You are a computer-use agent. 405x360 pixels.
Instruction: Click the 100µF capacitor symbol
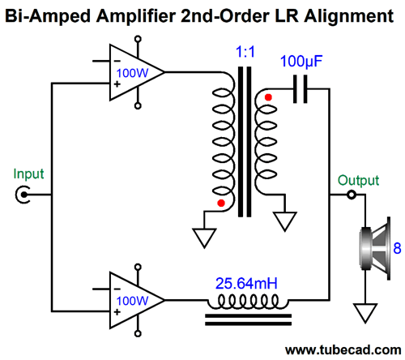(300, 89)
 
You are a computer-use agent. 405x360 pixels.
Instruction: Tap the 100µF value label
(301, 62)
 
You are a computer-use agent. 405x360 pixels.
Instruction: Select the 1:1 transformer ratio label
(245, 52)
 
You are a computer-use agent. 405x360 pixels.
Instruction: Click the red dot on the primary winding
(221, 203)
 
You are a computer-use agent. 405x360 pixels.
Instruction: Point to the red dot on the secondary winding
(268, 97)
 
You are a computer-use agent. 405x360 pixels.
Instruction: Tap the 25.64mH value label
(246, 284)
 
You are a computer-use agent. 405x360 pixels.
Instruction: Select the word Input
(28, 174)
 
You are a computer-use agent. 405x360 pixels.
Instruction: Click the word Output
(358, 180)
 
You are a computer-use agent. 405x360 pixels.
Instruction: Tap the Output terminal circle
(352, 195)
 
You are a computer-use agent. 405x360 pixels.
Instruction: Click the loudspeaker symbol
(375, 248)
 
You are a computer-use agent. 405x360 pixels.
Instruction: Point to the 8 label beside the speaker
(397, 248)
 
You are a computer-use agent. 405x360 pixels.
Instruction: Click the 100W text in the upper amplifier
(132, 73)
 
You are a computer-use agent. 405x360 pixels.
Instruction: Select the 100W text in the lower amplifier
(132, 301)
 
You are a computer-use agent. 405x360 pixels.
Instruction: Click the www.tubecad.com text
(343, 350)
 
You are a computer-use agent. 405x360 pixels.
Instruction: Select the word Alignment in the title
(348, 16)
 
